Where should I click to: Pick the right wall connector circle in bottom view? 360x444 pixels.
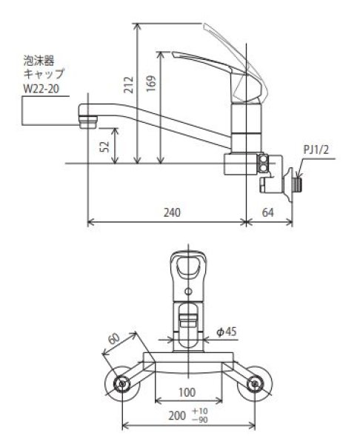pos(256,383)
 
